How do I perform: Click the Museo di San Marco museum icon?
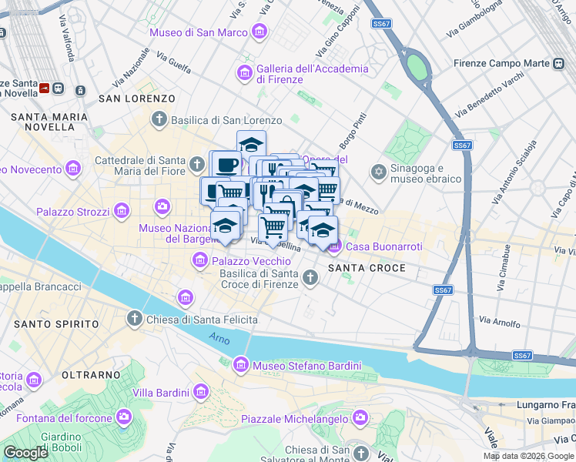coord(260,32)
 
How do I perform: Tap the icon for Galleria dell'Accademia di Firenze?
coord(245,73)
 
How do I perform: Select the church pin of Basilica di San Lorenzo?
coord(159,119)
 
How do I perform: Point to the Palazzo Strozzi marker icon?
coord(121,210)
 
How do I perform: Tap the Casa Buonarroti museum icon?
coord(334,246)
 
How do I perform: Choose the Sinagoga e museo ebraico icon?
coord(378,171)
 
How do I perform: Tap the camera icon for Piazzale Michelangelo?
coord(360,417)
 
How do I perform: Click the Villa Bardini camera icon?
coord(201,392)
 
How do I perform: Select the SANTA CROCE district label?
coord(356,268)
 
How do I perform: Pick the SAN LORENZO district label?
coord(136,99)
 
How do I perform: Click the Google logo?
coord(25,453)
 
